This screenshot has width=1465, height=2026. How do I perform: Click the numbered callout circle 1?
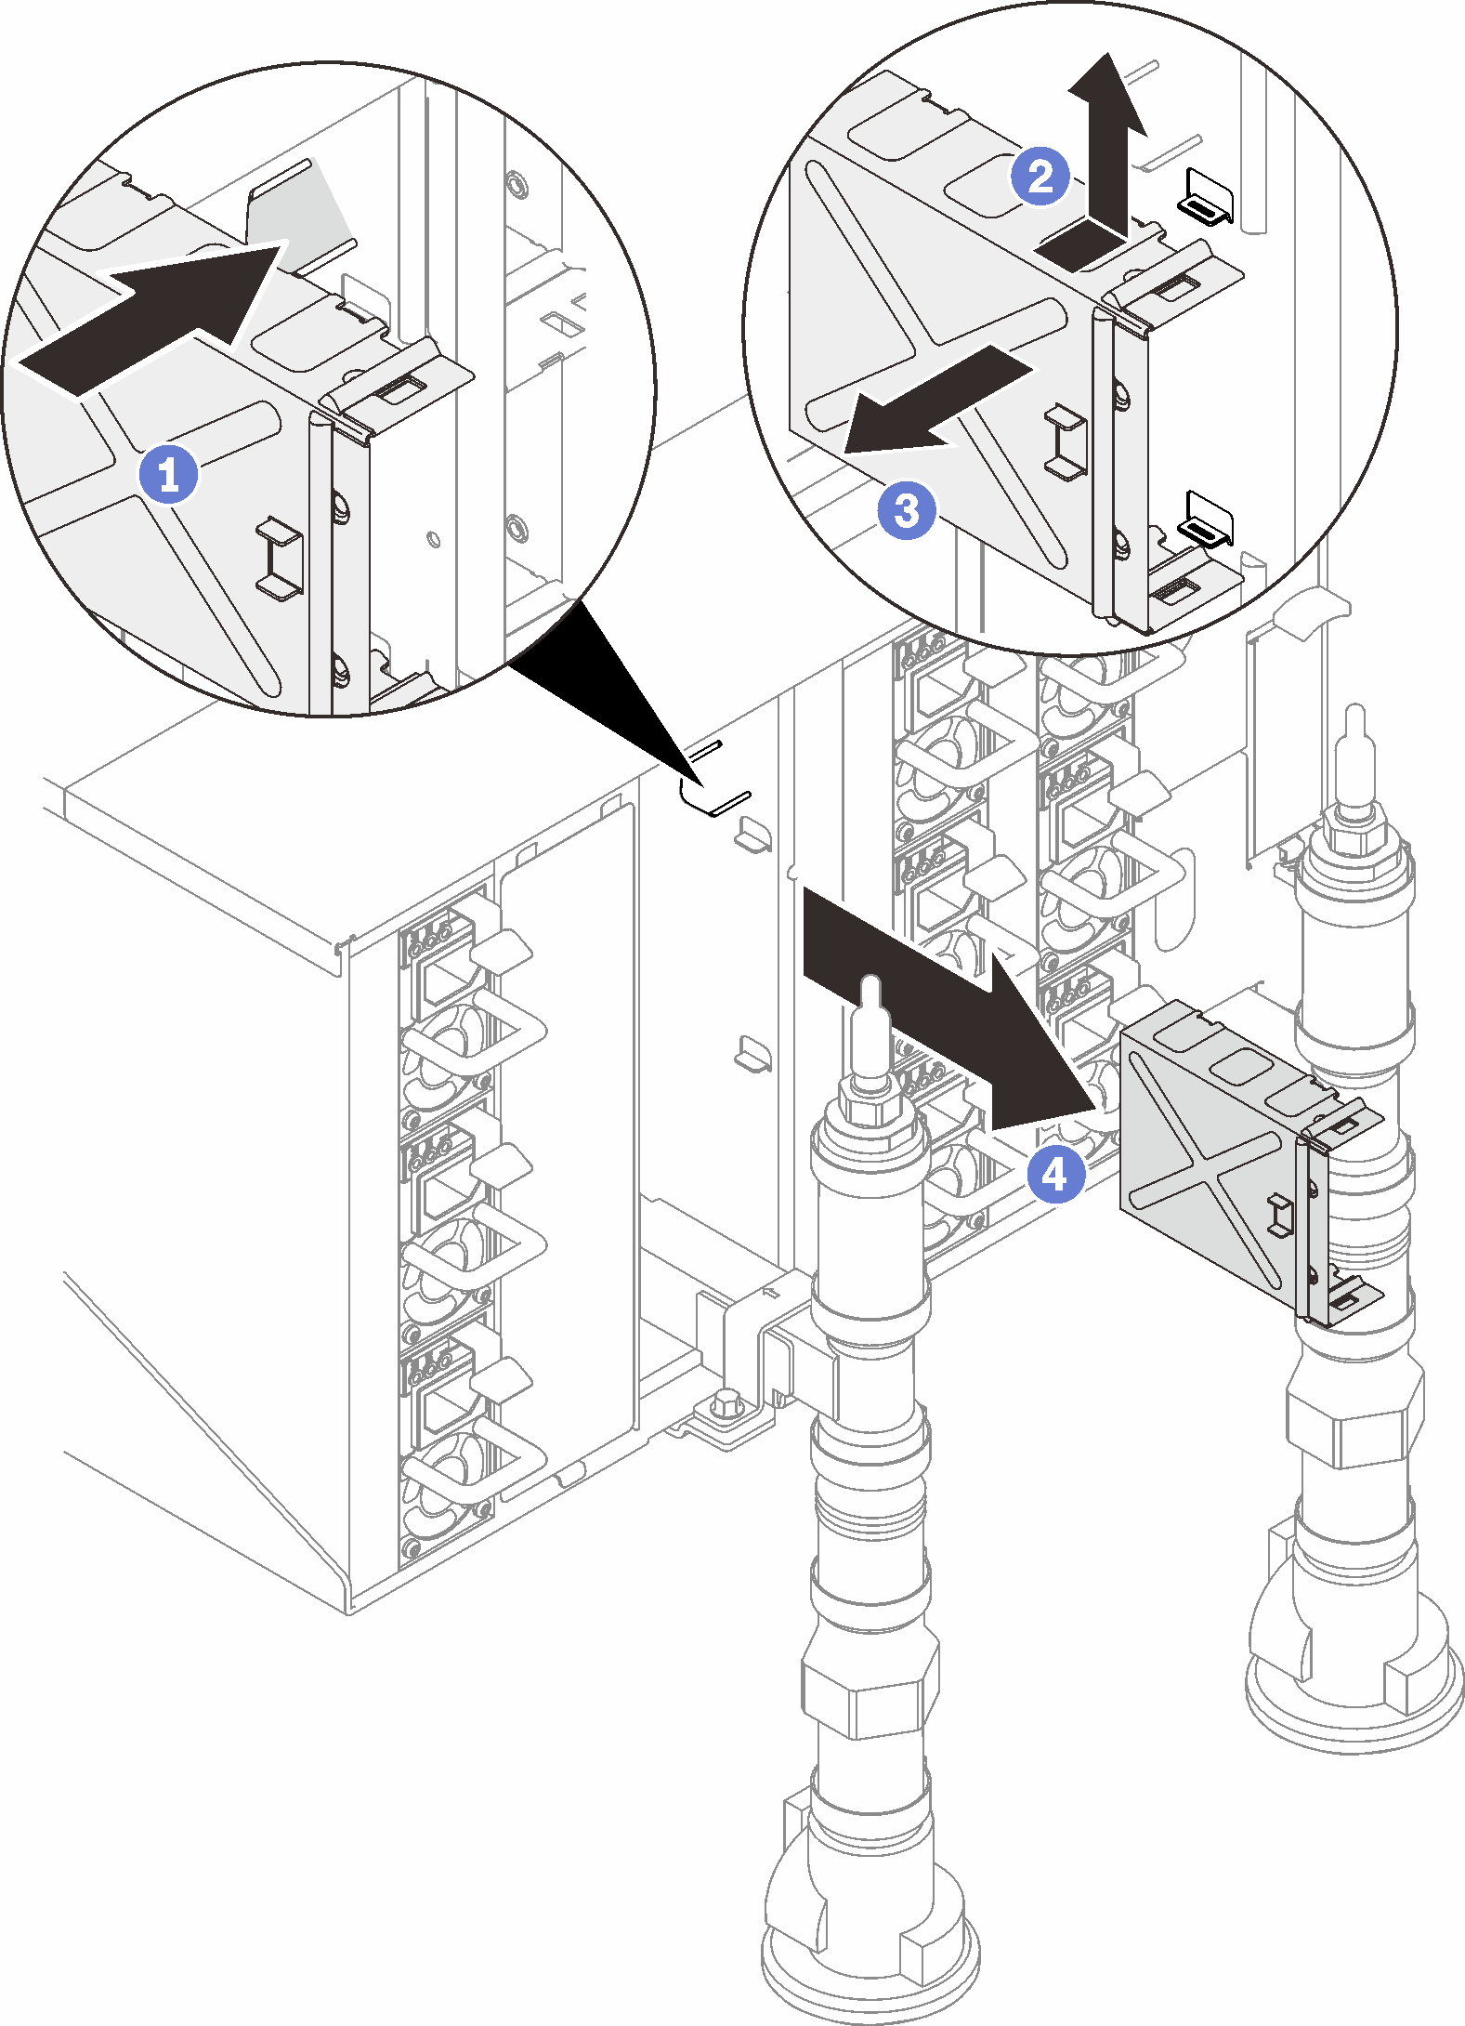(x=168, y=475)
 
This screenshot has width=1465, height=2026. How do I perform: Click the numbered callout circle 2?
(x=1040, y=176)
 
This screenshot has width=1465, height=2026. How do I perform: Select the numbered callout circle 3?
(x=906, y=509)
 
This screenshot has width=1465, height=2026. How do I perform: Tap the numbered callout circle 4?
(x=1055, y=1175)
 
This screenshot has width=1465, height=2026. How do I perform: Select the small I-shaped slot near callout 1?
(x=276, y=556)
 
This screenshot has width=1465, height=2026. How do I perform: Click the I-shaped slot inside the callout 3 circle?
(x=1066, y=441)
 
